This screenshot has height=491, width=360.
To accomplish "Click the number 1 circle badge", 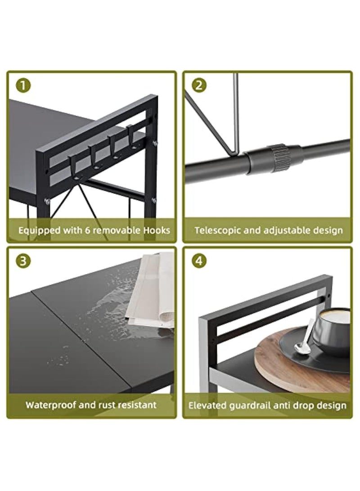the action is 23,85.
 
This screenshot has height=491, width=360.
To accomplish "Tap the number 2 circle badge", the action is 199,85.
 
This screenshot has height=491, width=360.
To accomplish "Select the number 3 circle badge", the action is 23,261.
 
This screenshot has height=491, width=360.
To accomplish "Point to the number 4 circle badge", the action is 199,261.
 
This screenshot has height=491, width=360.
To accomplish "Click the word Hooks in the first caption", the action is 157,230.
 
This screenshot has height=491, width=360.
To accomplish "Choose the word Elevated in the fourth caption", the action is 208,405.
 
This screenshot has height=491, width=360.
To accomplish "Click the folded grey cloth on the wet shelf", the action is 150,291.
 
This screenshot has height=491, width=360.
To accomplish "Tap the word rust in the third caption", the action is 108,405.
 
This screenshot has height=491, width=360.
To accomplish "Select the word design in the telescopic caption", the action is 328,231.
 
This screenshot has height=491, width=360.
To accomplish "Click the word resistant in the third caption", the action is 137,405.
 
